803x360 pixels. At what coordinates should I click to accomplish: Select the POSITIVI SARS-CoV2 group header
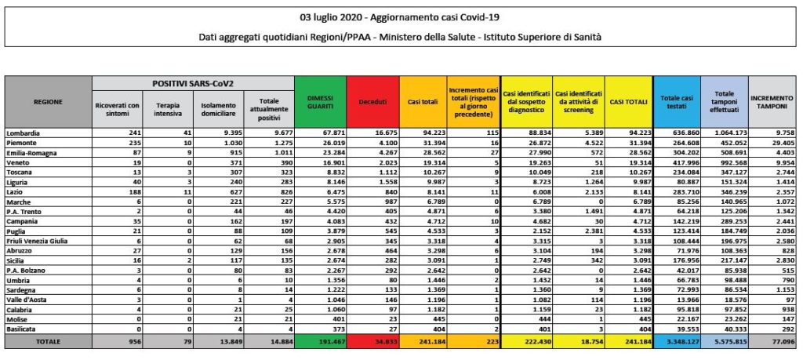coord(192,82)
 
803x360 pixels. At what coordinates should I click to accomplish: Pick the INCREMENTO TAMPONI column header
coord(772,102)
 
